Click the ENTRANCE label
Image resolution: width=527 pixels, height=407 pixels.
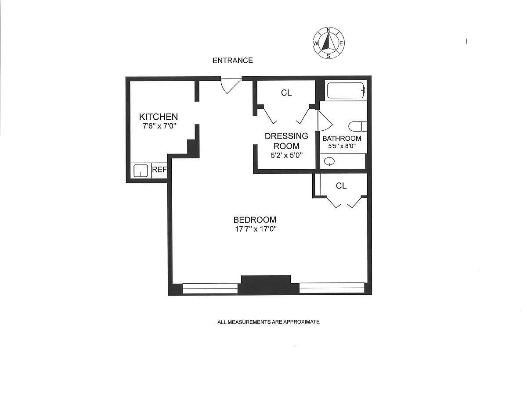coord(233,60)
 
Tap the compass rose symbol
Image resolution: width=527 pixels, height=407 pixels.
coord(328,43)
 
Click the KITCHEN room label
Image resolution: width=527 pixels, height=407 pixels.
coord(159,117)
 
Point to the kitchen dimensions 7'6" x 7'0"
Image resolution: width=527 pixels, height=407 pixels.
coord(159,126)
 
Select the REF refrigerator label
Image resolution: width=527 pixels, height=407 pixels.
coord(159,169)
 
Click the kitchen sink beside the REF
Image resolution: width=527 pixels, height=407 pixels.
coord(141,171)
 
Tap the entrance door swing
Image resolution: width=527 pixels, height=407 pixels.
coord(231,86)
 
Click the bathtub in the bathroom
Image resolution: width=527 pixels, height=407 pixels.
coord(345,90)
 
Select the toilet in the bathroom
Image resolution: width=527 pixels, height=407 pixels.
coord(358,126)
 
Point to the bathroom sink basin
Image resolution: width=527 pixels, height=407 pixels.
coord(329,161)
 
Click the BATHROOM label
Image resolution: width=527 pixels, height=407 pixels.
coord(342,139)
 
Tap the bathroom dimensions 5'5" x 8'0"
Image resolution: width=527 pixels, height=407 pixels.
coord(342,146)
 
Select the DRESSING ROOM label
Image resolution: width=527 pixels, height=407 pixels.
coord(286,141)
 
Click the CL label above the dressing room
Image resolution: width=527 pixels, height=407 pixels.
coord(286,93)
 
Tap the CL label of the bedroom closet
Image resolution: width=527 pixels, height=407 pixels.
coord(341,186)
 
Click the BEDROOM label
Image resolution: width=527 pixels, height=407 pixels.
coord(255,220)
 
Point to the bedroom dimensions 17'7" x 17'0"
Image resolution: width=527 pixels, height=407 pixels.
coord(256,229)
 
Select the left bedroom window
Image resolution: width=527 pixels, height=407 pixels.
coord(210,288)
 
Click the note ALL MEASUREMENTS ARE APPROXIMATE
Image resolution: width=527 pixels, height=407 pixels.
coord(268,322)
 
